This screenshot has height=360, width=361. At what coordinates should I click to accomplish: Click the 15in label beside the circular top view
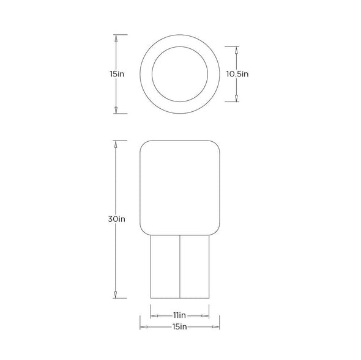(x=117, y=74)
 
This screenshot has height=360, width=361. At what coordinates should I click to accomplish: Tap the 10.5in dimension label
(x=237, y=74)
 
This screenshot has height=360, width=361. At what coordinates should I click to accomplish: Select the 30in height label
(x=116, y=219)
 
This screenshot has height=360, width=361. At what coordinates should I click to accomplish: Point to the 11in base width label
(x=179, y=315)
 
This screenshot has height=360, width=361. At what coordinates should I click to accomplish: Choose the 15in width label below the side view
(x=179, y=326)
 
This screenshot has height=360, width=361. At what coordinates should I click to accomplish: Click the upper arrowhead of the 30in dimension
(x=116, y=144)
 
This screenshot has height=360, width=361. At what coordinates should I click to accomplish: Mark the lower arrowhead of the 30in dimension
(x=116, y=295)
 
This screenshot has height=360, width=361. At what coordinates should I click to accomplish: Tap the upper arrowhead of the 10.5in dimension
(x=236, y=50)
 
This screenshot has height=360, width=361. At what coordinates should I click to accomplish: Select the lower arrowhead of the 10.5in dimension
(x=236, y=98)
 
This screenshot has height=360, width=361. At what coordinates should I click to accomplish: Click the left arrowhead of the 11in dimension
(x=154, y=316)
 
